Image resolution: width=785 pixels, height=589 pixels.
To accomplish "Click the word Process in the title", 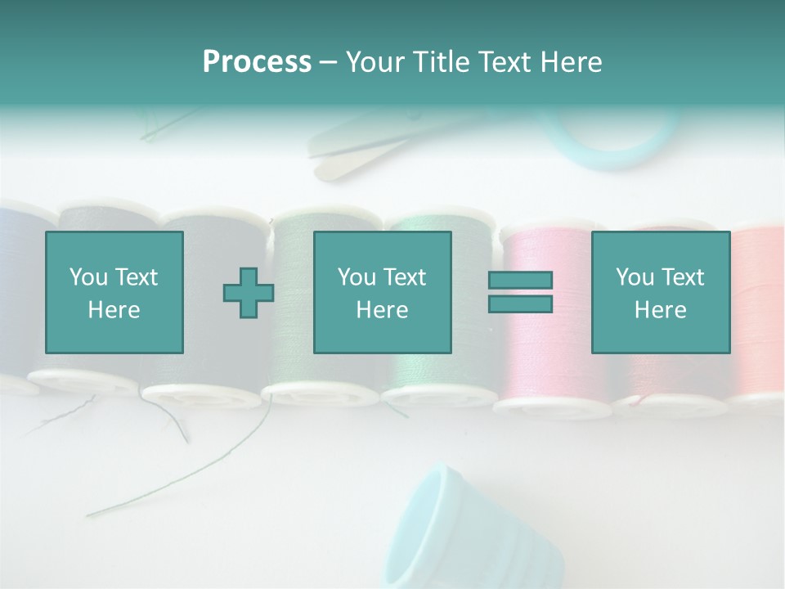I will (257, 62).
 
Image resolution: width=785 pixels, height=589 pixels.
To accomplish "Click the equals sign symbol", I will (520, 292).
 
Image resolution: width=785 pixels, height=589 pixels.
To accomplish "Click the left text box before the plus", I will (114, 292).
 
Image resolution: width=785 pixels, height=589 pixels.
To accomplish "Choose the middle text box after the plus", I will (382, 292).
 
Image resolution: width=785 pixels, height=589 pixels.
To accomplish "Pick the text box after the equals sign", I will (660, 292).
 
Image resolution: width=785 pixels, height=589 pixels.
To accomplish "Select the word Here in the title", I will (570, 62).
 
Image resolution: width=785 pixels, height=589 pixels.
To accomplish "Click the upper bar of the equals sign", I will (520, 281).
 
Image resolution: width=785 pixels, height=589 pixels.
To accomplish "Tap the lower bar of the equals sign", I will (520, 303).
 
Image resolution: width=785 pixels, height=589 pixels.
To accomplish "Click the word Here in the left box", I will (114, 310).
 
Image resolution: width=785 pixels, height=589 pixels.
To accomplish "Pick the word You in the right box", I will (635, 277).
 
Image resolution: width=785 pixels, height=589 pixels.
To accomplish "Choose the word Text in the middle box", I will (405, 277).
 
